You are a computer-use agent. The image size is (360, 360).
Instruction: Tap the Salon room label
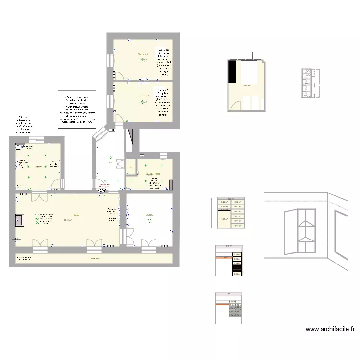(76, 215)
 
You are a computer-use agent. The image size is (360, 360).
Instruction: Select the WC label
(131, 167)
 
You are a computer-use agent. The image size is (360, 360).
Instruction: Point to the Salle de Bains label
(153, 174)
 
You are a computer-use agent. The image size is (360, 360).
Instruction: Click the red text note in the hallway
(104, 186)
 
